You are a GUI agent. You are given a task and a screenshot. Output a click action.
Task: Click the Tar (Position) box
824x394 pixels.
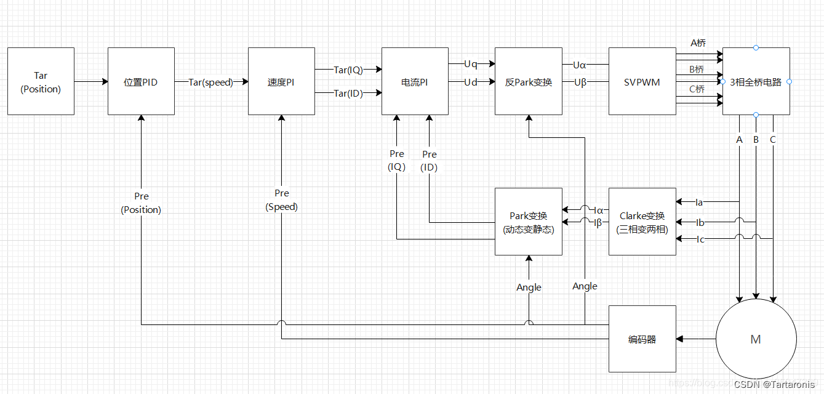coord(41,81)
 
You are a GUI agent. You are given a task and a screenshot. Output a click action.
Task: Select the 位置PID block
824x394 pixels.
coord(141,81)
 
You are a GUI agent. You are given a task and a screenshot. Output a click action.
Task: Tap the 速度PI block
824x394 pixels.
coord(281,81)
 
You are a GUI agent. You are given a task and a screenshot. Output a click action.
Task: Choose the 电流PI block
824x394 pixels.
coord(415,81)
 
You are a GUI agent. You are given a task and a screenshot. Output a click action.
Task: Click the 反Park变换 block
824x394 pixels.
coord(529,81)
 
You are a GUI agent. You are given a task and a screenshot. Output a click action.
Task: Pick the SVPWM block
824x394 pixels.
coord(642,81)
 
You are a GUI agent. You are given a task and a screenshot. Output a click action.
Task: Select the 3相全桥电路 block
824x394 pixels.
coord(756,81)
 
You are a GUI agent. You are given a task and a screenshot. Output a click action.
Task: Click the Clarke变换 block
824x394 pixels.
coord(642,222)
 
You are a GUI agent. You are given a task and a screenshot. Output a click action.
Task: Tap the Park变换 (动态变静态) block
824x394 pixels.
coord(529,222)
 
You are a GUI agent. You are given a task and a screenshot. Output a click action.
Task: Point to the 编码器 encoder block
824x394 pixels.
coord(642,339)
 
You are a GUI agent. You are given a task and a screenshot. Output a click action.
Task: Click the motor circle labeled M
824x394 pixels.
coord(756,339)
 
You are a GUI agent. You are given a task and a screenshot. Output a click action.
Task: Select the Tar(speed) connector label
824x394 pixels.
coord(211,82)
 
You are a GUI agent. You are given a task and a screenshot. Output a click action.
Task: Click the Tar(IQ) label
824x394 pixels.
coord(348,70)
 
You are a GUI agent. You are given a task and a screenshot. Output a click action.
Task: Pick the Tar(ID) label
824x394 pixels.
coord(348,94)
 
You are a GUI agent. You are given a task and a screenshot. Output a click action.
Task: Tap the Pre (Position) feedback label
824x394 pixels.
coord(141,203)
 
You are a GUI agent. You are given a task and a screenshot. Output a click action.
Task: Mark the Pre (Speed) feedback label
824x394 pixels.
coord(282,200)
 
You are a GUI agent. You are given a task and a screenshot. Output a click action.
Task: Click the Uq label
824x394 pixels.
coord(471,64)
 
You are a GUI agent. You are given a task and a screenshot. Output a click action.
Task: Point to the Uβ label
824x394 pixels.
coord(580,82)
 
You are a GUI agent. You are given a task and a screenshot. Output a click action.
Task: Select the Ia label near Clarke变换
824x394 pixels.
coord(699,202)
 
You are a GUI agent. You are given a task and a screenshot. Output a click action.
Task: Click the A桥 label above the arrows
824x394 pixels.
coord(698,43)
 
